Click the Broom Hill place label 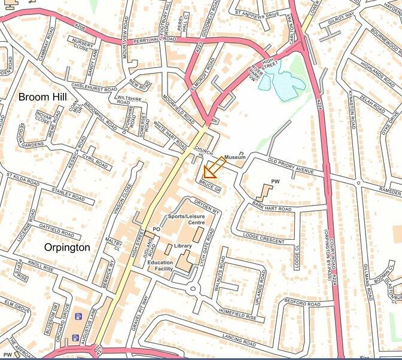tap(42, 96)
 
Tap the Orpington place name tap(67, 247)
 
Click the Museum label tap(235, 157)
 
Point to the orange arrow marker tap(211, 170)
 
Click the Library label tap(183, 246)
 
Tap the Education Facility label tap(160, 266)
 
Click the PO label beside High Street tap(157, 229)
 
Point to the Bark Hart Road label tap(272, 209)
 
